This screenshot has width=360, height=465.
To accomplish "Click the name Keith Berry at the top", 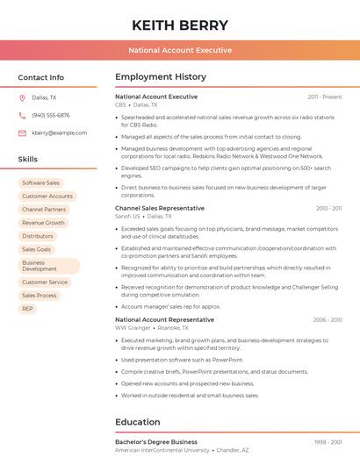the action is (x=180, y=25).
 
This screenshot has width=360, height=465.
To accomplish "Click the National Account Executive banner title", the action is (x=180, y=50).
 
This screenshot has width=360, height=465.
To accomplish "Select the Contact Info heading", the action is (x=40, y=77).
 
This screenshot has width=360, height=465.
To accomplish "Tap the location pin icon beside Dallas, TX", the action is (x=22, y=97).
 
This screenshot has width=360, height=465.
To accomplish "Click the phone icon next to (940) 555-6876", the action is (x=22, y=115).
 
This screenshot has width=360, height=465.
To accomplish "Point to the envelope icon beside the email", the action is (x=22, y=132).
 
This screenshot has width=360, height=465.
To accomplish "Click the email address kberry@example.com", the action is (x=54, y=132).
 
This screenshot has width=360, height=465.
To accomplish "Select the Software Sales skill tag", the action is (x=40, y=182).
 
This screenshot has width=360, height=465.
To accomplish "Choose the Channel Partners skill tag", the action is (x=44, y=210).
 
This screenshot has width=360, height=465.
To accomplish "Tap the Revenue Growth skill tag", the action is (x=43, y=223).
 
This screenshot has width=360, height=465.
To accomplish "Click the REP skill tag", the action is (x=27, y=309).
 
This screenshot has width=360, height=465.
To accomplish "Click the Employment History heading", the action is (x=161, y=77).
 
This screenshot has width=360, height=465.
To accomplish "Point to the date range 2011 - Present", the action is (x=325, y=97).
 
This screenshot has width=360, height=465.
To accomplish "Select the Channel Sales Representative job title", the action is (x=160, y=208).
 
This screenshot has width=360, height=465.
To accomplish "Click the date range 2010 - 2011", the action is (x=328, y=209).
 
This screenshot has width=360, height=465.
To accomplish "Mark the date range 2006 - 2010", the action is (x=328, y=320).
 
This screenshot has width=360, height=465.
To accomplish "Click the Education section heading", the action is (x=137, y=422).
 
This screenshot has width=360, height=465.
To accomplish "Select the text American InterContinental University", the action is (x=162, y=449).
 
